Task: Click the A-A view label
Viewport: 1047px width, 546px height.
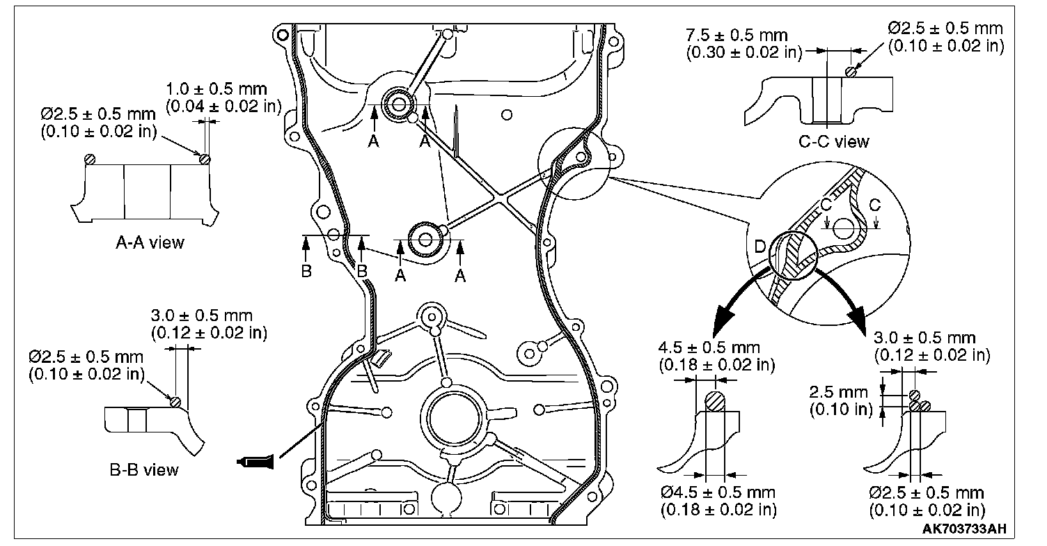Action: (149, 242)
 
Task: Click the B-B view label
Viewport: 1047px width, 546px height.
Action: (143, 469)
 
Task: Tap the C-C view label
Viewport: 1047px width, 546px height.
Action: (833, 141)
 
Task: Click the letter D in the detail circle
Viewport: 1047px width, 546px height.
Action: (762, 247)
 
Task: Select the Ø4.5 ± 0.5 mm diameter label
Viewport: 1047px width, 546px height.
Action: (718, 493)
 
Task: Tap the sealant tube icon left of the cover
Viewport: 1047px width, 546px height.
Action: (256, 460)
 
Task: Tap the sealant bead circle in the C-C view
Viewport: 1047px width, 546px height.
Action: (849, 72)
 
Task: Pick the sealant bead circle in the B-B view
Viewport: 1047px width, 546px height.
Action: (175, 401)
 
